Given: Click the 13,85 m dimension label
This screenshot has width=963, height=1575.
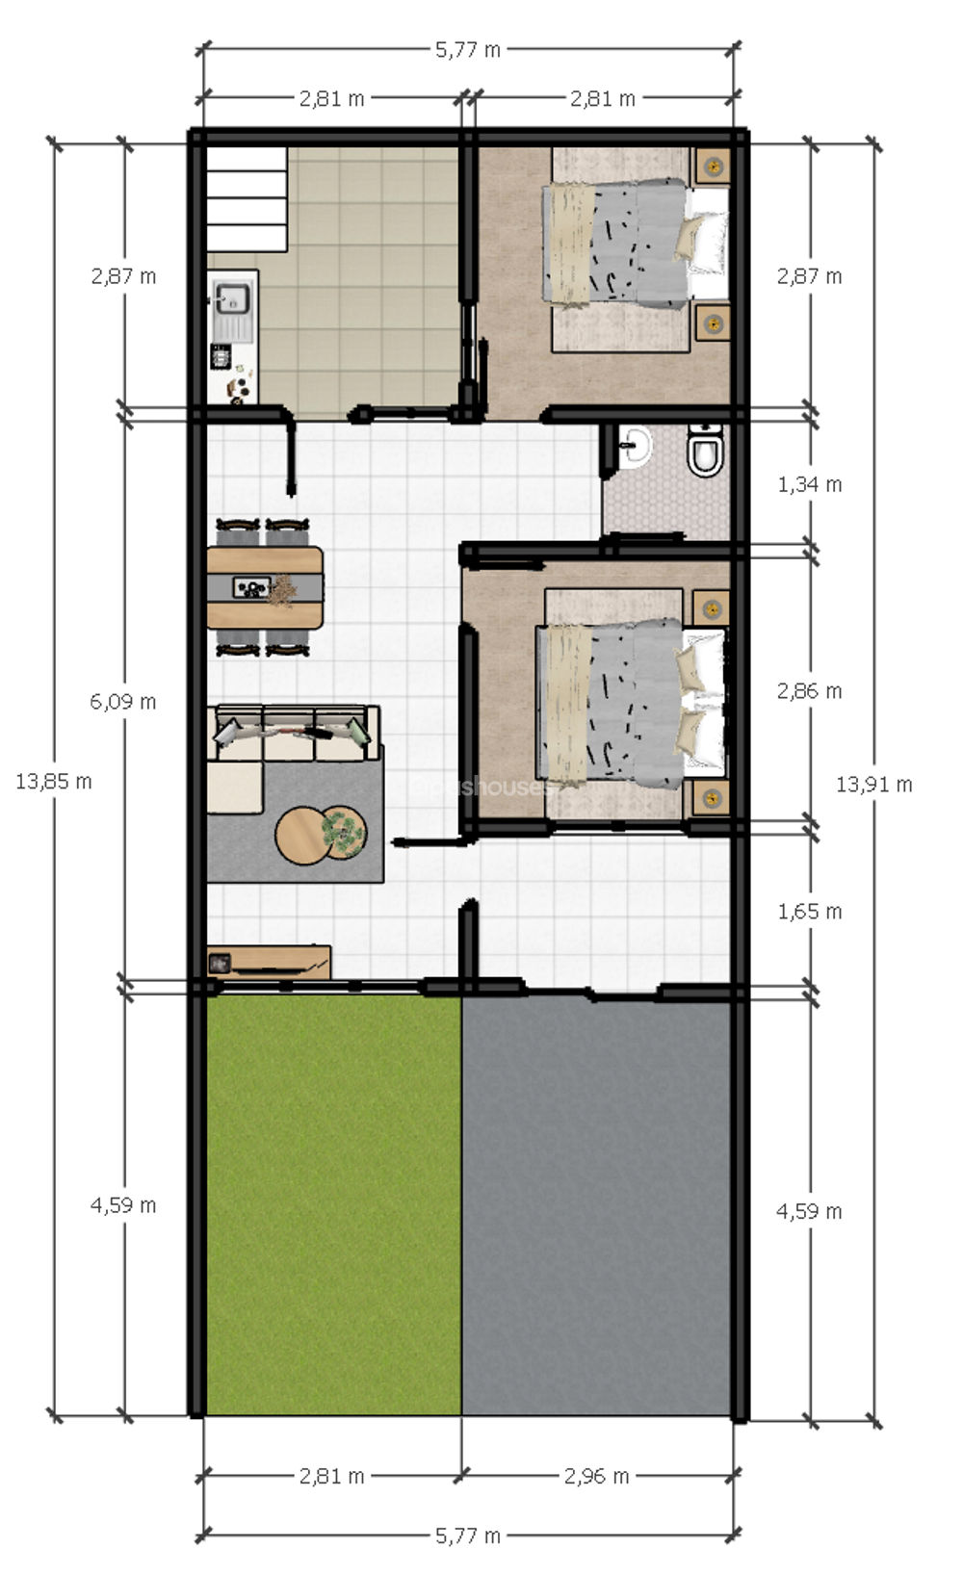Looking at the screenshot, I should (54, 782).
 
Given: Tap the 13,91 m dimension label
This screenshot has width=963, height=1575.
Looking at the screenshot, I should (873, 785).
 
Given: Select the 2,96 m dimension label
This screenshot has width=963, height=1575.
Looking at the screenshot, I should (597, 1475).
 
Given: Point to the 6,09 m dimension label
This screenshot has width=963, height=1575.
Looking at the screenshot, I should (123, 702).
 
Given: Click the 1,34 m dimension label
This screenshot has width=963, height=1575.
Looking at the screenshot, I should (810, 484).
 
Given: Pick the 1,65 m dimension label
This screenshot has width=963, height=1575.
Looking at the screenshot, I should (810, 911).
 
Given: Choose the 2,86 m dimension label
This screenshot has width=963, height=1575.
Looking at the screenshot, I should (810, 691).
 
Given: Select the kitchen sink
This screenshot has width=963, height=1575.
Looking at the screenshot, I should (232, 299).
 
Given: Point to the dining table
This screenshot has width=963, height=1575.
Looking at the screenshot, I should (265, 587).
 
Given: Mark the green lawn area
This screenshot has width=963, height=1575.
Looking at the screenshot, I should (332, 1203).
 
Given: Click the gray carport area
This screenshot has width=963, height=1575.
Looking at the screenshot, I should (597, 1203).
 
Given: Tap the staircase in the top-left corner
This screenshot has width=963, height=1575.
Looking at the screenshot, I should (247, 198).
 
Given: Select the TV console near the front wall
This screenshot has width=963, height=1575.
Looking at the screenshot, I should (270, 961).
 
